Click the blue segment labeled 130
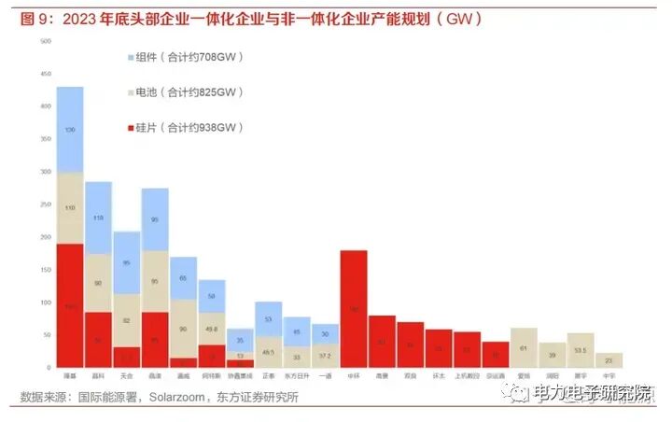[70, 129]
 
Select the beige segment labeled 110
[70, 207]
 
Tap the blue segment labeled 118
[98, 218]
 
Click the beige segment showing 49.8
[212, 328]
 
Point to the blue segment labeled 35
[240, 340]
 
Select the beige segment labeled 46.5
[269, 351]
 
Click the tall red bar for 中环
[354, 308]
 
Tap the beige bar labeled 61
[524, 348]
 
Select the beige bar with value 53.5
[581, 351]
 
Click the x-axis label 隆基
[70, 375]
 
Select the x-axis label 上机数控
[467, 375]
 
